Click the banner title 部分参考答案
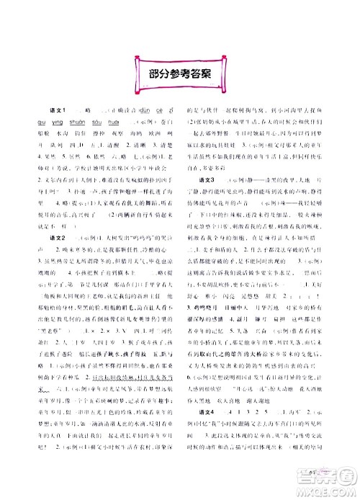[179, 71]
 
